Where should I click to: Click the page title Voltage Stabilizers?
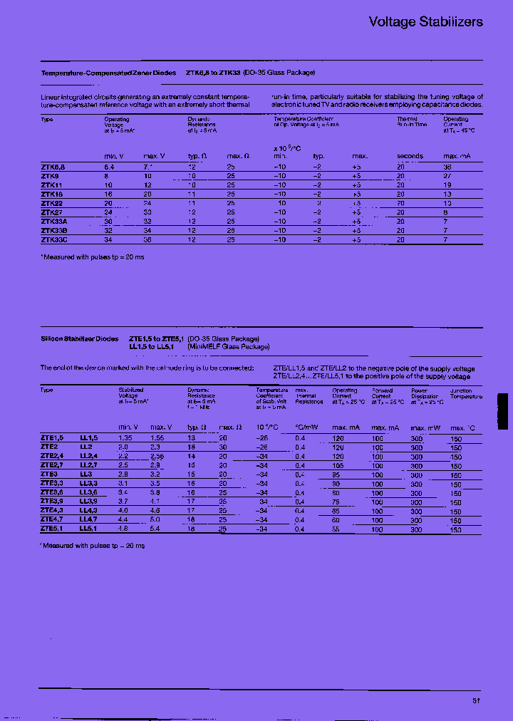click(x=425, y=22)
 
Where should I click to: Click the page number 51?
click(x=477, y=701)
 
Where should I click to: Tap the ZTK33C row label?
click(x=54, y=240)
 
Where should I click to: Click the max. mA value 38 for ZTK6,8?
click(x=447, y=166)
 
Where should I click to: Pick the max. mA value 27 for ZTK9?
click(x=447, y=175)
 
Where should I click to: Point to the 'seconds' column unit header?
click(x=410, y=155)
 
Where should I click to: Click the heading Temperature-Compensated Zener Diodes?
click(x=108, y=73)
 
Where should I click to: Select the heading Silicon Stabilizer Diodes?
click(x=80, y=339)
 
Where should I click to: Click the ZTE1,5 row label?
click(x=52, y=437)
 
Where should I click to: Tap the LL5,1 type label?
click(x=88, y=529)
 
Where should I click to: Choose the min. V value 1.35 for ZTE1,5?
click(x=125, y=437)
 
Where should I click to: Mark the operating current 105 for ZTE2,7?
click(x=338, y=465)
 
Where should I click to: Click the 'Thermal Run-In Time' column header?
click(x=411, y=122)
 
